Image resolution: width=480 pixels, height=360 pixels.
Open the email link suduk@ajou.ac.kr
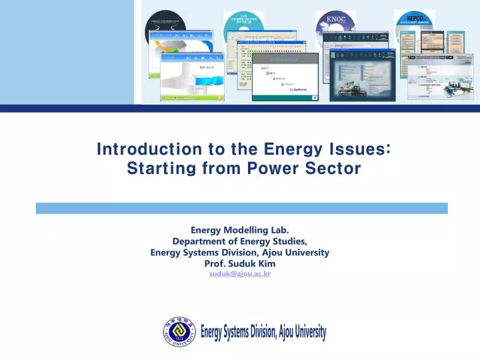239,274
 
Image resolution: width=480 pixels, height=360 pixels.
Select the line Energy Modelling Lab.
239,230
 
